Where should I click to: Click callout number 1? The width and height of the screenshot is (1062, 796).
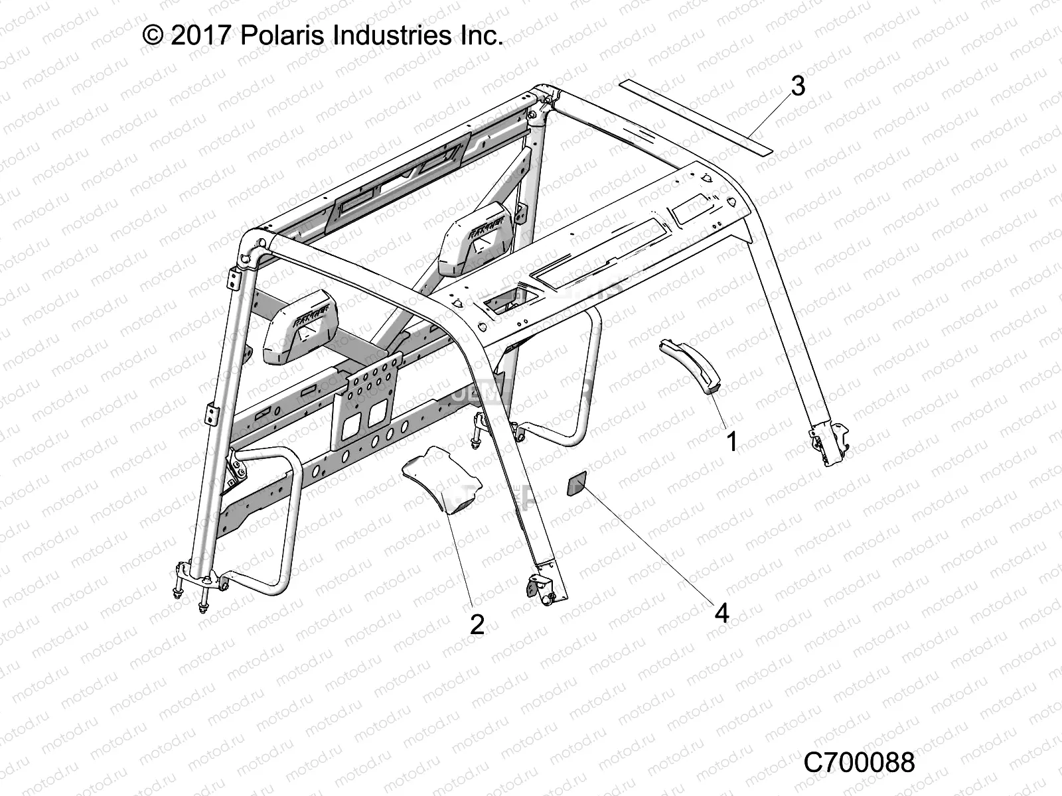732,441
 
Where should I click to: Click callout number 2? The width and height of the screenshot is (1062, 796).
477,624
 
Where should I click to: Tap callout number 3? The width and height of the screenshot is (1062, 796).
798,86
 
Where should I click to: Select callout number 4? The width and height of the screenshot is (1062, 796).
721,614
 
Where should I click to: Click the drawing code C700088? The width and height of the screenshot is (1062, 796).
859,762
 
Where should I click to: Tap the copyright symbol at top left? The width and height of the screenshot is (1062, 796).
153,35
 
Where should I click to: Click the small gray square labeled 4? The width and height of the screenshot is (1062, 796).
576,484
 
